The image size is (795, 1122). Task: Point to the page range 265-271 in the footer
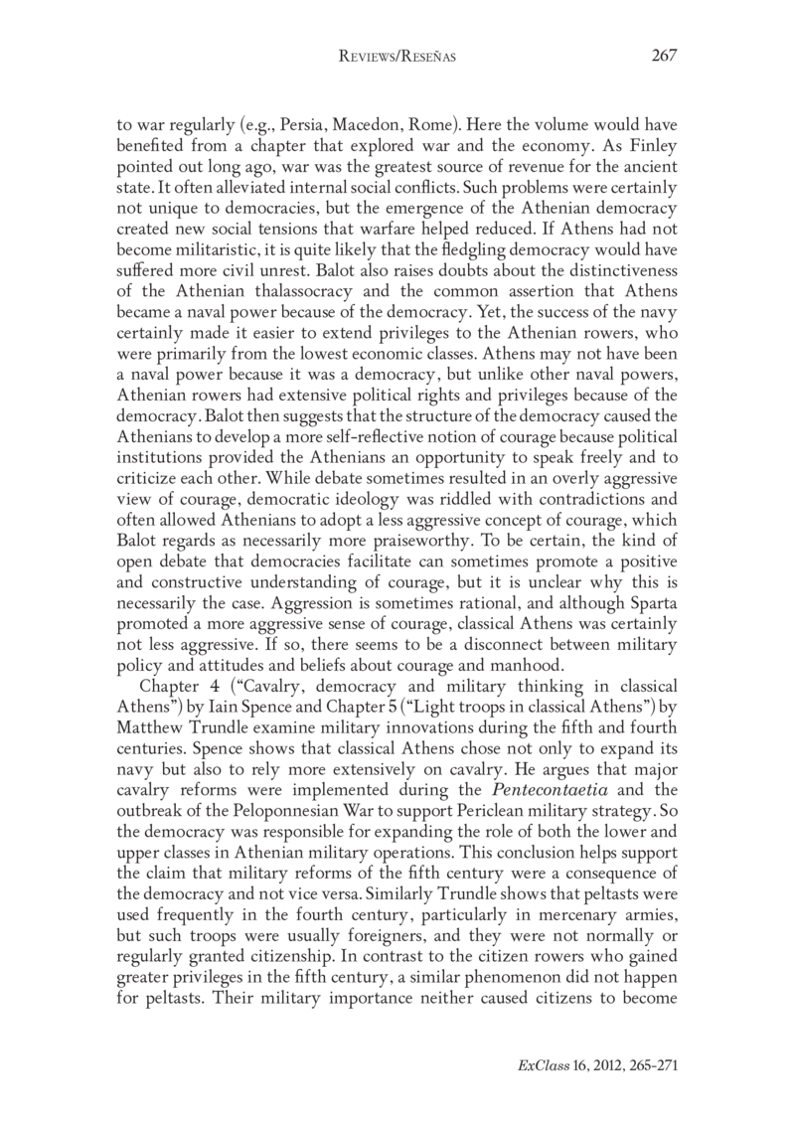[648, 1063]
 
